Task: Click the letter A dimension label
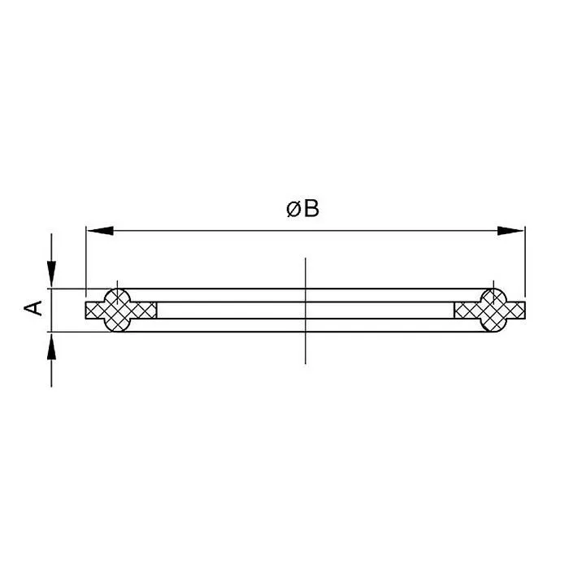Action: (x=34, y=308)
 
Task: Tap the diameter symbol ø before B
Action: (x=293, y=209)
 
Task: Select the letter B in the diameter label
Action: (x=311, y=209)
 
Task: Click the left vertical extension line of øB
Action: (x=85, y=260)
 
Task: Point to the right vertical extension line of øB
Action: (x=525, y=260)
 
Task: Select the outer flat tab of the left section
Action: (x=93, y=310)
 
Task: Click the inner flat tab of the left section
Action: (x=146, y=310)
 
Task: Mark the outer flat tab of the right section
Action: (x=516, y=310)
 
